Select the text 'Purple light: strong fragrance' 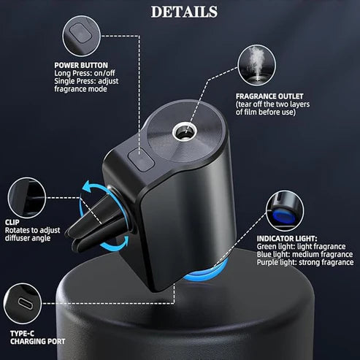[x=305, y=262]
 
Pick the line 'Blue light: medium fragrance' [x=305, y=254]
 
